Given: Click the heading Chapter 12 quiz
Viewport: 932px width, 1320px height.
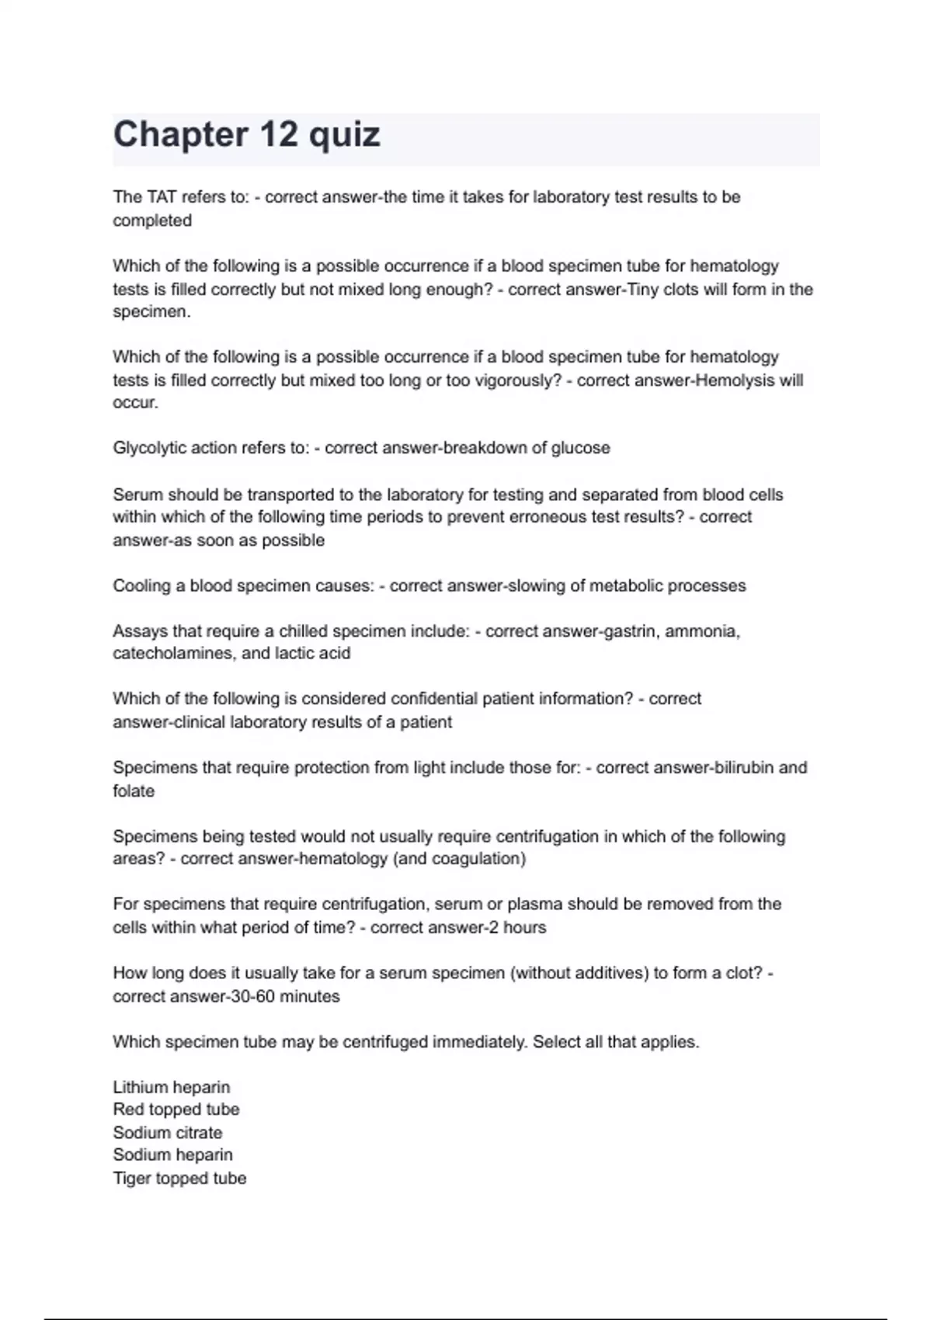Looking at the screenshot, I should click(246, 135).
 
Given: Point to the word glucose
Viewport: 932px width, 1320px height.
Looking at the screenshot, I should click(580, 448).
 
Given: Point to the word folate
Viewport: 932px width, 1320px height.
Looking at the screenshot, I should click(134, 791).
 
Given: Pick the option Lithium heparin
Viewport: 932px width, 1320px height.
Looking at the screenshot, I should click(172, 1087).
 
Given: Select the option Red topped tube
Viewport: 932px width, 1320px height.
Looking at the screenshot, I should click(176, 1110).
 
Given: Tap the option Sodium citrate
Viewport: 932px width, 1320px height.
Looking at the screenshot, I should click(168, 1133).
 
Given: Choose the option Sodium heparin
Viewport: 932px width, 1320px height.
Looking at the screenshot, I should click(172, 1155).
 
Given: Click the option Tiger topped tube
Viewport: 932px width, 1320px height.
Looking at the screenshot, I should click(179, 1179).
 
